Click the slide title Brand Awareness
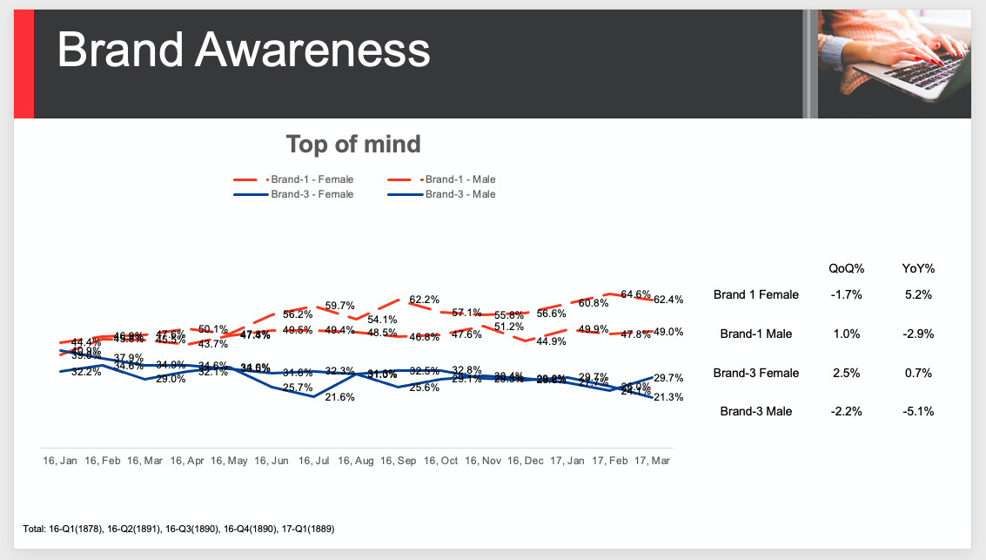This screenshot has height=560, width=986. pyautogui.click(x=244, y=51)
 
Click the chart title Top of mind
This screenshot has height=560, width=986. pyautogui.click(x=353, y=144)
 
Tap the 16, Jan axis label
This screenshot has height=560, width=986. pyautogui.click(x=60, y=459)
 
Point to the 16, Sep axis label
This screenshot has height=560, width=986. pyautogui.click(x=398, y=459)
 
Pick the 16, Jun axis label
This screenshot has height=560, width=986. pyautogui.click(x=271, y=459)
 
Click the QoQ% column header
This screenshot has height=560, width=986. pyautogui.click(x=846, y=269)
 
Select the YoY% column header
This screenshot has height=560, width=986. pyautogui.click(x=917, y=269)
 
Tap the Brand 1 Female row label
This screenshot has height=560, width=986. pyautogui.click(x=755, y=294)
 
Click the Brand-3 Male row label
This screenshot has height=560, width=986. pyautogui.click(x=755, y=411)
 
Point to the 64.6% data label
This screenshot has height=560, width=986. pyautogui.click(x=636, y=294)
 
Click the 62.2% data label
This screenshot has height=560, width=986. pyautogui.click(x=424, y=300)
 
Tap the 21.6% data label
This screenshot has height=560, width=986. pyautogui.click(x=339, y=397)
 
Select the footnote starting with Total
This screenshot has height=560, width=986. pyautogui.click(x=179, y=529)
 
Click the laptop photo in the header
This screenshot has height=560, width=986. pyautogui.click(x=895, y=64)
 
